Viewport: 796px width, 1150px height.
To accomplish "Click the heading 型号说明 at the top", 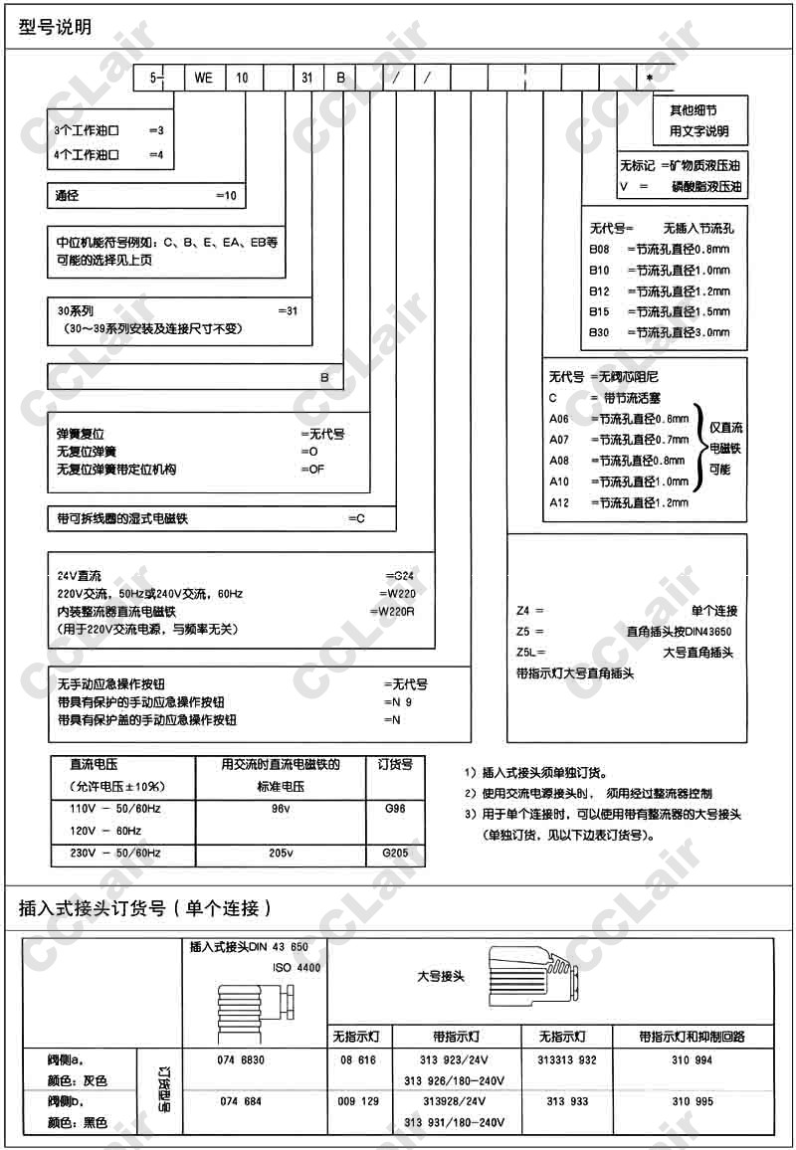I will click(x=56, y=27).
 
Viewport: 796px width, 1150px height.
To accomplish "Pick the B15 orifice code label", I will click(x=599, y=311).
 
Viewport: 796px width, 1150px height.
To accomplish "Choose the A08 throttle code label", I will click(x=560, y=461).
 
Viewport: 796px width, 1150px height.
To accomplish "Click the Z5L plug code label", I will click(x=527, y=653).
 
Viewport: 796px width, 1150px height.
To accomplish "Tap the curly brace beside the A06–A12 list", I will click(x=698, y=450).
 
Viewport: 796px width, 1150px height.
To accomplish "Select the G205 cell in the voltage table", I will click(x=395, y=854).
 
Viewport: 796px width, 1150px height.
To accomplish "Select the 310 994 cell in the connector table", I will click(x=692, y=1060).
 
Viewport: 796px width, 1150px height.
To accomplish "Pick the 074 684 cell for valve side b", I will click(x=239, y=1101).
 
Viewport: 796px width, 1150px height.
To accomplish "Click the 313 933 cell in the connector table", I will click(x=568, y=1101).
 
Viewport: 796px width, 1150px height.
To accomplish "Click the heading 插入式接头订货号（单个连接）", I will click(x=145, y=907).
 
